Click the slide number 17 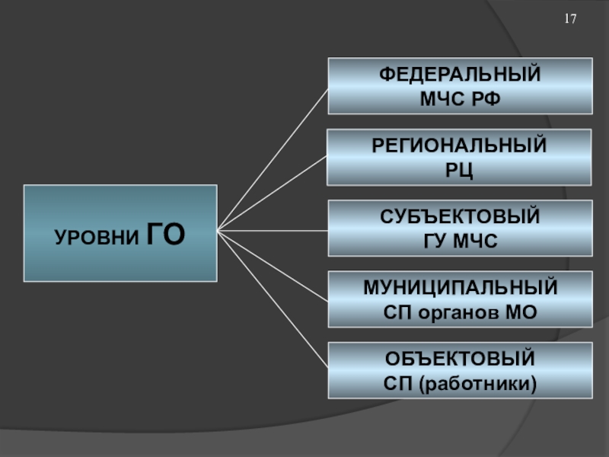570,18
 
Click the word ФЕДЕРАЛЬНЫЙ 460,75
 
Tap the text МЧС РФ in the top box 460,97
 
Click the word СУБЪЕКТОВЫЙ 460,217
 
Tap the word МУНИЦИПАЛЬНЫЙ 460,288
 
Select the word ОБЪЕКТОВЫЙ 460,359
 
